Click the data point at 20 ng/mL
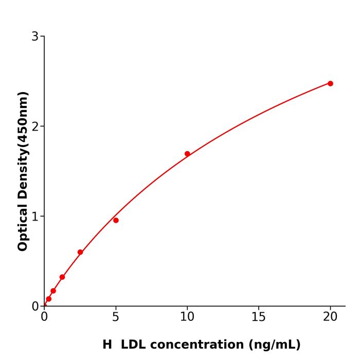pos(330,83)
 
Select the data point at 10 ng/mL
pos(187,154)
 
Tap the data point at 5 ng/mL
pos(116,220)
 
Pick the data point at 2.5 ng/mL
pos(80,252)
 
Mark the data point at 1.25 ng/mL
pos(62,277)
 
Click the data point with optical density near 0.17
pos(53,291)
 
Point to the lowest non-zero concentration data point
pos(49,299)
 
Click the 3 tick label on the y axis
pos(35,37)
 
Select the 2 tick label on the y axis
pos(35,127)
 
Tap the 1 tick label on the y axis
pos(35,217)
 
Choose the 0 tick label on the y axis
pos(35,307)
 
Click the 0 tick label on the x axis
pos(44,317)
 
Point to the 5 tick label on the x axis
pos(116,317)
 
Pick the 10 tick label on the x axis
pos(187,317)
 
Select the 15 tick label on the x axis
pos(259,317)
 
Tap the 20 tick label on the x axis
pos(330,317)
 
